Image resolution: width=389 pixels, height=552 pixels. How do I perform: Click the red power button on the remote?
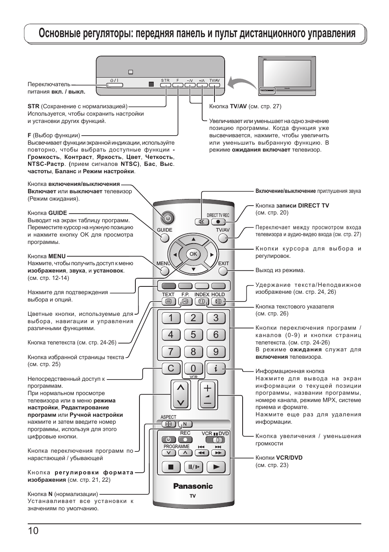coord(168,218)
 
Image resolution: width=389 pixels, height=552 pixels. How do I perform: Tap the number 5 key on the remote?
coord(193,335)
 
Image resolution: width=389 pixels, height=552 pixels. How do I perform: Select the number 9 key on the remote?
coord(216,351)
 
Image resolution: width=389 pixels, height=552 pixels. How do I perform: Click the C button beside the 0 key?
coord(170,368)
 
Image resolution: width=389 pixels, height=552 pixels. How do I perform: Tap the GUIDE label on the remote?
coord(165,230)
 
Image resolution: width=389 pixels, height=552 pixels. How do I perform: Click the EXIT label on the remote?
coord(223,264)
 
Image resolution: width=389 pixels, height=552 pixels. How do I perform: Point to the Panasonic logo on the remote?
coord(193,486)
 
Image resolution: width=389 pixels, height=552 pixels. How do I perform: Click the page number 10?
coord(33,531)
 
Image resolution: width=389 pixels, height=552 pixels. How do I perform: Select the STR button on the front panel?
coord(165,85)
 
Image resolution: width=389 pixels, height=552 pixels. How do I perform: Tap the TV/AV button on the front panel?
coord(214,85)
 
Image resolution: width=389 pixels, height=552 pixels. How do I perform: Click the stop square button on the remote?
coord(171,467)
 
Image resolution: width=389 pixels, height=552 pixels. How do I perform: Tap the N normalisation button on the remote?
coord(185,424)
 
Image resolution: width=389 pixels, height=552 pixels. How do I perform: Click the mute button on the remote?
coord(201,222)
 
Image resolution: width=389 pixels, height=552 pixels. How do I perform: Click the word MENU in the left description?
coord(57,256)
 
